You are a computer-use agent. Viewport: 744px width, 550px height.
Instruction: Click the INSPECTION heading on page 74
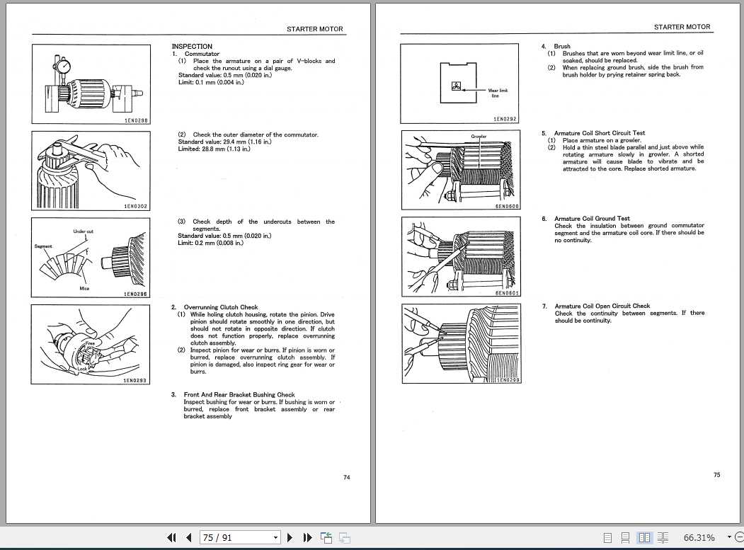click(x=192, y=47)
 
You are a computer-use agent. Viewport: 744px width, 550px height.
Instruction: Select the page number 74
click(x=346, y=478)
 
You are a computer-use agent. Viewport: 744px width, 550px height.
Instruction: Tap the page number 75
click(x=716, y=475)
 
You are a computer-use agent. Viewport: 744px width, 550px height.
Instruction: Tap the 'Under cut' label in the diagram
click(x=84, y=231)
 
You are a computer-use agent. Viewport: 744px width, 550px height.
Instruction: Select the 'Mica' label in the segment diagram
click(x=84, y=289)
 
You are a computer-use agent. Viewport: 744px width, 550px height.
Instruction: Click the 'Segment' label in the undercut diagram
click(x=43, y=246)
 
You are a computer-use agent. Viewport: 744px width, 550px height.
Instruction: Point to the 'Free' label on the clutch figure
click(x=90, y=343)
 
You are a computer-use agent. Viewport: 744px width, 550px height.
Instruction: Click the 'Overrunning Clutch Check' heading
click(x=220, y=307)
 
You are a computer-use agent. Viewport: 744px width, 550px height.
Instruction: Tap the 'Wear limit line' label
click(x=498, y=93)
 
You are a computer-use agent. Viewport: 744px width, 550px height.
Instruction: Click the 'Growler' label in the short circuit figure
click(x=479, y=136)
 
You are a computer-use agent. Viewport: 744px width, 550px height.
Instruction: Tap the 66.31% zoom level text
click(x=699, y=538)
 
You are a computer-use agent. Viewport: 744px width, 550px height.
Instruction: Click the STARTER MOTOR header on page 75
click(x=682, y=27)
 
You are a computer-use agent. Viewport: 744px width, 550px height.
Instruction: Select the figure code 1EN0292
click(x=505, y=120)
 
